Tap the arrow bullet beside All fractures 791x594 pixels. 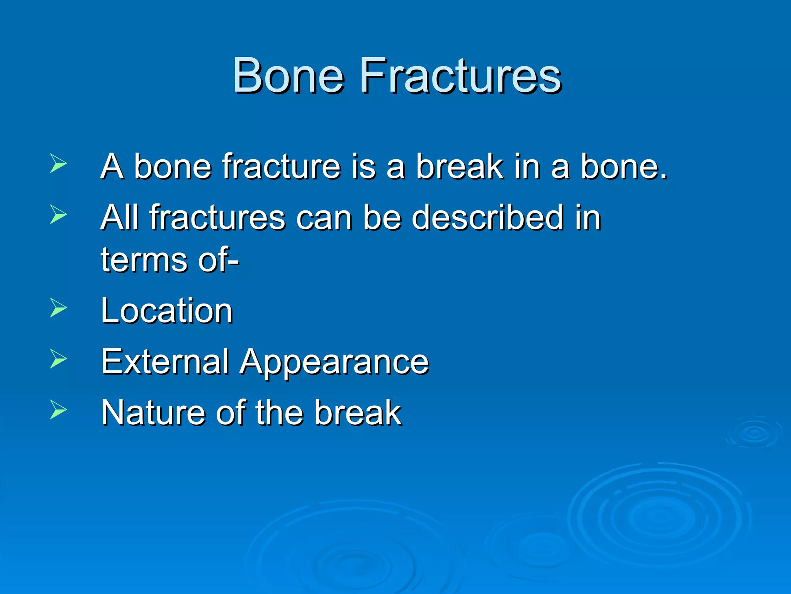pyautogui.click(x=58, y=214)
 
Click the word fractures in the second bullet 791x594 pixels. pyautogui.click(x=218, y=217)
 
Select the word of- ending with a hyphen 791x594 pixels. pyautogui.click(x=219, y=260)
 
